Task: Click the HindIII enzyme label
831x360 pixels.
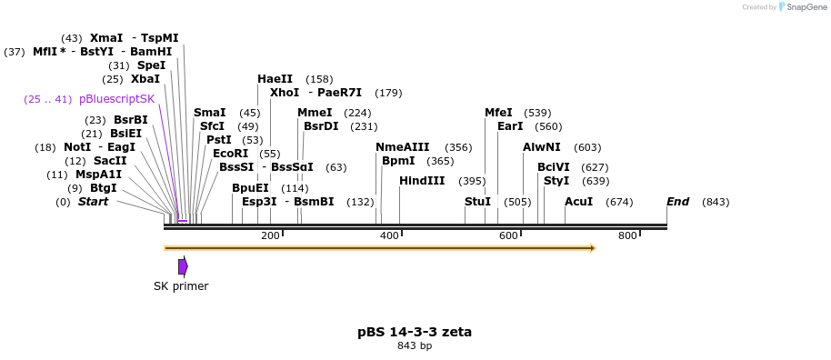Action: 422,181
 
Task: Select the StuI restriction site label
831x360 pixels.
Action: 477,202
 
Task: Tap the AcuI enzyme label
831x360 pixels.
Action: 578,202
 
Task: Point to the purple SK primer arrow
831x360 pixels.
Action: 183,266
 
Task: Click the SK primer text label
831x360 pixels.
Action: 181,286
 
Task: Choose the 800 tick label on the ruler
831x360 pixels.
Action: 627,236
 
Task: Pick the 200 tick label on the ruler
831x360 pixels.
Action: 270,236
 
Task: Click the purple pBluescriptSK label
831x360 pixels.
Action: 117,99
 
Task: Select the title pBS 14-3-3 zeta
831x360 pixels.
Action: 415,332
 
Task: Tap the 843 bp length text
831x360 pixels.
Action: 415,345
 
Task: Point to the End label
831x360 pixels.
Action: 677,202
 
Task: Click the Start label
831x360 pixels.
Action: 93,202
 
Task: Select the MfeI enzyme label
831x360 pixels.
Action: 498,113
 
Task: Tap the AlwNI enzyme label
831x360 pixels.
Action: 542,147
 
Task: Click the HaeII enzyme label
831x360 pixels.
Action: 275,79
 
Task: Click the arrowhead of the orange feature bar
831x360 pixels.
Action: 592,247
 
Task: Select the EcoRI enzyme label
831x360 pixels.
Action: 230,154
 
